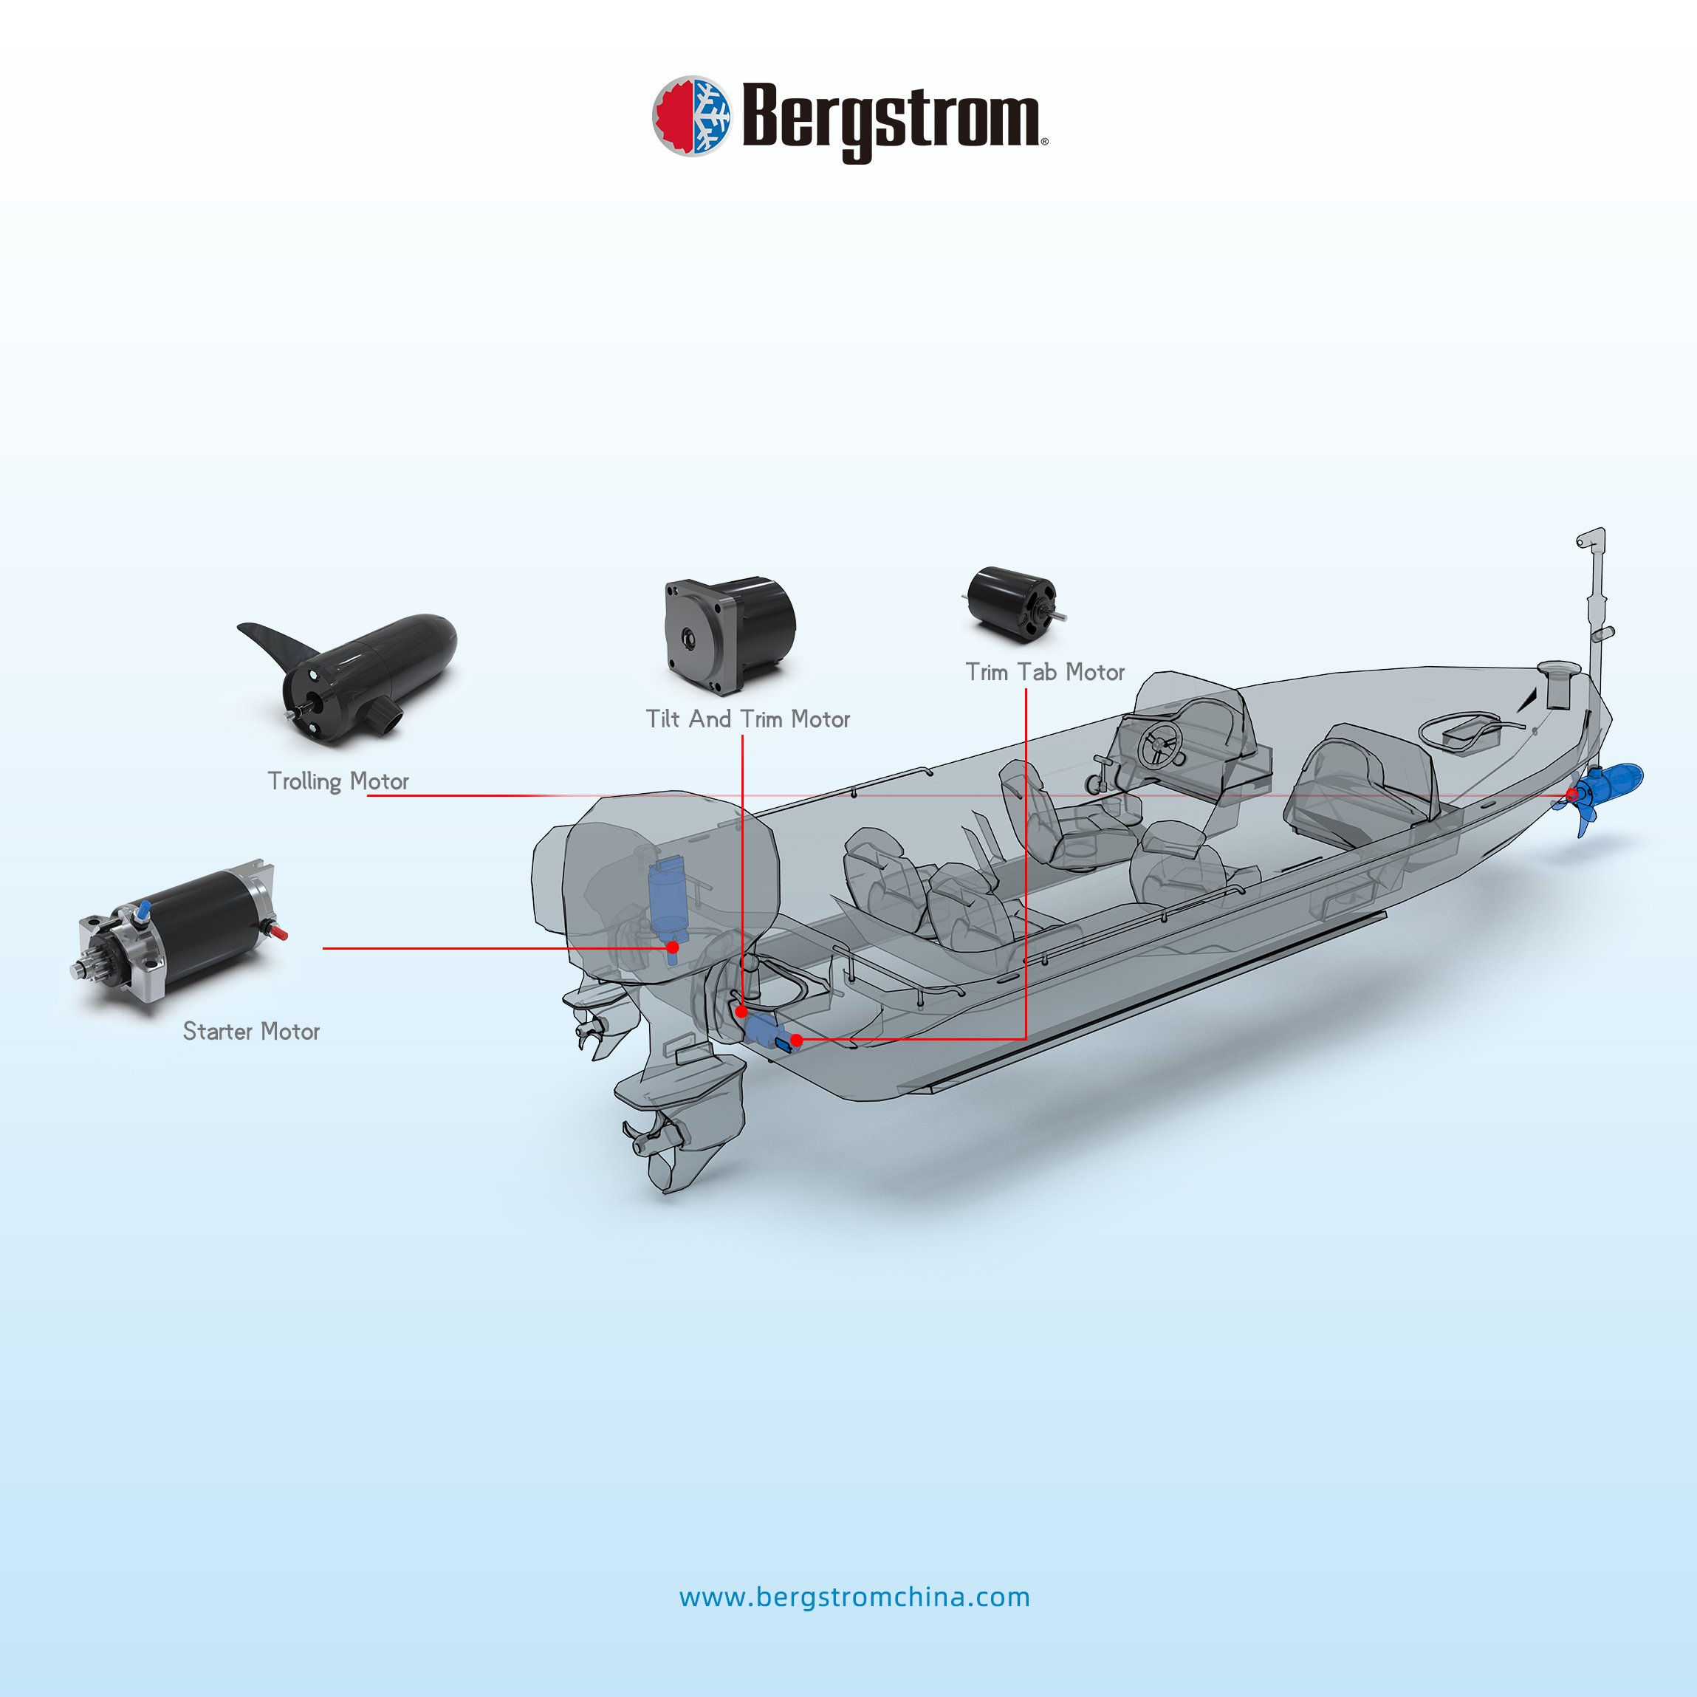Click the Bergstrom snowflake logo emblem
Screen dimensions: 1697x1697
tap(691, 115)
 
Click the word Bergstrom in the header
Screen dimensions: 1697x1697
tap(891, 119)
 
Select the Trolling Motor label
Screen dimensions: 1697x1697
tap(338, 781)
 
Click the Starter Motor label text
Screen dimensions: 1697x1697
tap(251, 1031)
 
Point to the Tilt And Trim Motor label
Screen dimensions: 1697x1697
tap(747, 719)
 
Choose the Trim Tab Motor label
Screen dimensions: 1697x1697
tap(1044, 672)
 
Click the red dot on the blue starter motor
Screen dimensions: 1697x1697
tap(673, 947)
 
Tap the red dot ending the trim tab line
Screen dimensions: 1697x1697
tap(796, 1040)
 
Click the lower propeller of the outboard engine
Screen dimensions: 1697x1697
tap(645, 1140)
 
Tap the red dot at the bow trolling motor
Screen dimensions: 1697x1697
tap(1572, 795)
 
